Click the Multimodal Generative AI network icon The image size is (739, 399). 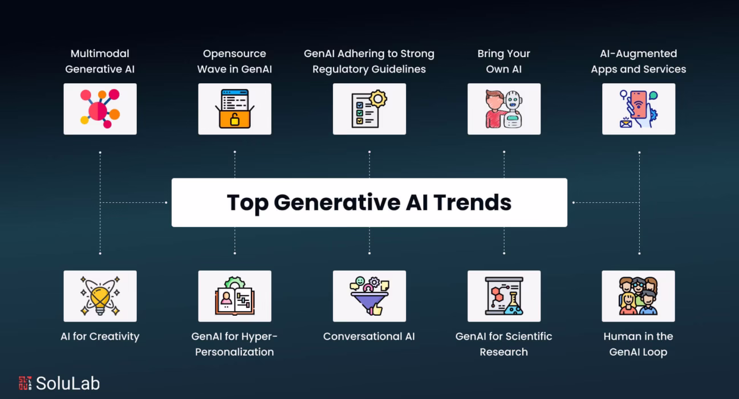click(x=100, y=109)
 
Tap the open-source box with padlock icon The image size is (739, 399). click(x=234, y=109)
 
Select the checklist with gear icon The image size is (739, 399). click(x=369, y=109)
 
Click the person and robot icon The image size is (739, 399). click(x=504, y=109)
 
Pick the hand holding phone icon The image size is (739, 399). click(x=638, y=109)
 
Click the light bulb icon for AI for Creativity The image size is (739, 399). click(x=100, y=296)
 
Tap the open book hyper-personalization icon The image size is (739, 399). click(x=234, y=296)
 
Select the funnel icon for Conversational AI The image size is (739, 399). click(x=369, y=296)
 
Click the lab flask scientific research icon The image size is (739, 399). click(x=504, y=296)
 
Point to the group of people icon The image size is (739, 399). click(x=638, y=296)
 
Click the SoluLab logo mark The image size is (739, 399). click(x=25, y=383)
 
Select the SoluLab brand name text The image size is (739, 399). click(x=68, y=383)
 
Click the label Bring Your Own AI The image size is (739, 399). click(x=504, y=61)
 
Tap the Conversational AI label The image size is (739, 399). click(x=369, y=336)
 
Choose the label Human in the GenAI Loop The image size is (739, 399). click(x=638, y=344)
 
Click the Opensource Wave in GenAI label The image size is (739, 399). click(x=234, y=61)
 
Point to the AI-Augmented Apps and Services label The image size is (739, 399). click(x=638, y=61)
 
